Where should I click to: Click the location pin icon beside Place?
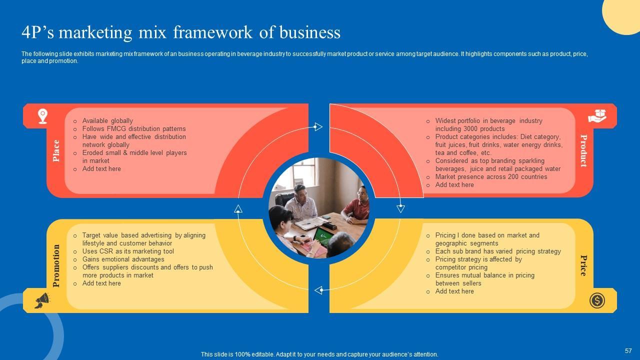[x=43, y=116]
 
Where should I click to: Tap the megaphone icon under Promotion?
[x=42, y=300]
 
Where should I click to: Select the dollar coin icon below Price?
[x=597, y=300]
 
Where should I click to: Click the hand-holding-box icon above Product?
[x=597, y=116]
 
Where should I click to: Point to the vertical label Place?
[x=56, y=150]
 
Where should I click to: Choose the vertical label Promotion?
[x=56, y=265]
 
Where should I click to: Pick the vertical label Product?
[x=583, y=150]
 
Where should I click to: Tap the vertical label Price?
[x=583, y=265]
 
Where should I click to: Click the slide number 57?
[x=628, y=351]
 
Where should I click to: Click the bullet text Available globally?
[x=107, y=121]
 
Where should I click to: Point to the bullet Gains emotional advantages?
[x=123, y=259]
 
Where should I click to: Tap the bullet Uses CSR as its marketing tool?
[x=128, y=251]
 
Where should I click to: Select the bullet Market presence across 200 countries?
[x=491, y=177]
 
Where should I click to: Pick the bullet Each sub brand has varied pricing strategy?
[x=498, y=251]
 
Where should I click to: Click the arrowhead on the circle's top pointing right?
[x=318, y=127]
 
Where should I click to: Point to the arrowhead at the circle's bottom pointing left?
[x=318, y=290]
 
